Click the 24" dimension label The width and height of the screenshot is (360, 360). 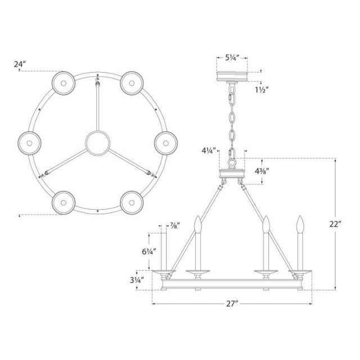[x=20, y=64]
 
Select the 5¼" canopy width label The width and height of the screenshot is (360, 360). [x=233, y=57]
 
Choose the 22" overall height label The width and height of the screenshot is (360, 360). [x=336, y=223]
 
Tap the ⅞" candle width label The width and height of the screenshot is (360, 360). [x=174, y=225]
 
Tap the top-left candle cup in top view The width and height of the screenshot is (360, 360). [x=62, y=83]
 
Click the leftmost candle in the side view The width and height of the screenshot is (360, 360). [x=161, y=250]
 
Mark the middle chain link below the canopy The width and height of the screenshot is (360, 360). [x=232, y=118]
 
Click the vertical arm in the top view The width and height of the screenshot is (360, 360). [x=97, y=104]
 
